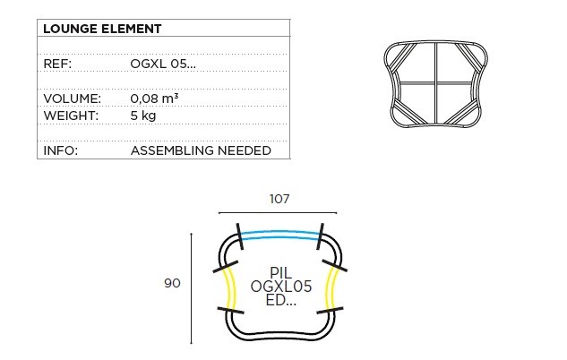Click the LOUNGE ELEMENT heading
[x=102, y=29]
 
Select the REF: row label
[x=57, y=64]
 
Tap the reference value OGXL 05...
[x=163, y=64]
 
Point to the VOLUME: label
[x=73, y=99]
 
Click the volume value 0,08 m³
[x=154, y=99]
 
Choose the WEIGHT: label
[x=71, y=116]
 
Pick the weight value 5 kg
[x=143, y=116]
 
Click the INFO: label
[x=61, y=150]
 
